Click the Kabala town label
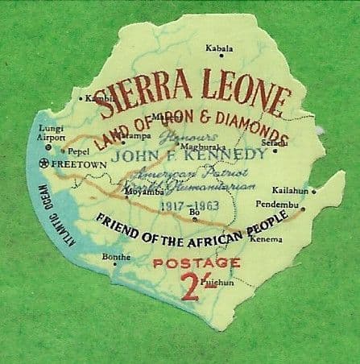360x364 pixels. (219, 49)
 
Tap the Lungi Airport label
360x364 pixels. (52, 132)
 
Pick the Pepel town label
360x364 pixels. (79, 151)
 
